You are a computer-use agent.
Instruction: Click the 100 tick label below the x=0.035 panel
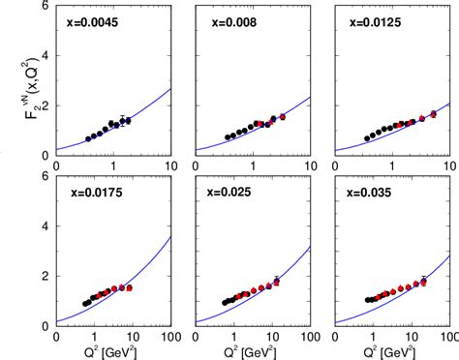(447, 338)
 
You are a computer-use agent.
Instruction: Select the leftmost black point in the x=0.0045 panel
(88, 138)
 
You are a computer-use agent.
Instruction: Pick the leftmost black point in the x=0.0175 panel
(85, 303)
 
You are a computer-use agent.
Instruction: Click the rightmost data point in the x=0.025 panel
(276, 282)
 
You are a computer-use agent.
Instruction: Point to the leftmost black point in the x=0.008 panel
(226, 137)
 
